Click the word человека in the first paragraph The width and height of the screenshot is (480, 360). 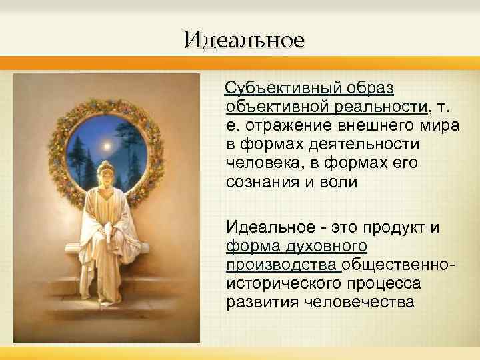(259, 163)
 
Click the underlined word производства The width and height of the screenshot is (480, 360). (283, 265)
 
